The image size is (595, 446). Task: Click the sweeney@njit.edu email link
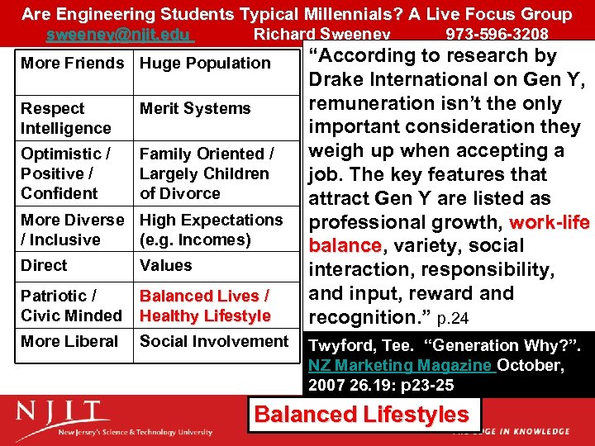(x=120, y=34)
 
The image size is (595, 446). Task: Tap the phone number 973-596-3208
(x=497, y=34)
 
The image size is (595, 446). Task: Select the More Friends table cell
(x=73, y=63)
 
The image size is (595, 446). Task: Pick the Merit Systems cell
(x=195, y=108)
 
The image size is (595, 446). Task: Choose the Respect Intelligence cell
(x=66, y=118)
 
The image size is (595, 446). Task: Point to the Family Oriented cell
(x=207, y=173)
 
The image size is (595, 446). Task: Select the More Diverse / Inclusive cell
(x=72, y=230)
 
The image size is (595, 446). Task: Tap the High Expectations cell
(x=211, y=230)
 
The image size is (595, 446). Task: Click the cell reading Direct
(x=45, y=265)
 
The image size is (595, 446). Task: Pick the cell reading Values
(x=165, y=265)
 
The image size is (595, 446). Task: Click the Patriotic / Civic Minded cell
(x=71, y=306)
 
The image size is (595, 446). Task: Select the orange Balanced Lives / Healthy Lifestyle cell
(x=205, y=306)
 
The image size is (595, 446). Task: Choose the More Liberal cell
(x=70, y=341)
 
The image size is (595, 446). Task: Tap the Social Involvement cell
(x=214, y=341)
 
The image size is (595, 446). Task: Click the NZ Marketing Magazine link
(x=401, y=365)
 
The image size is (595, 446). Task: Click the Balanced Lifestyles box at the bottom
(x=361, y=415)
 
